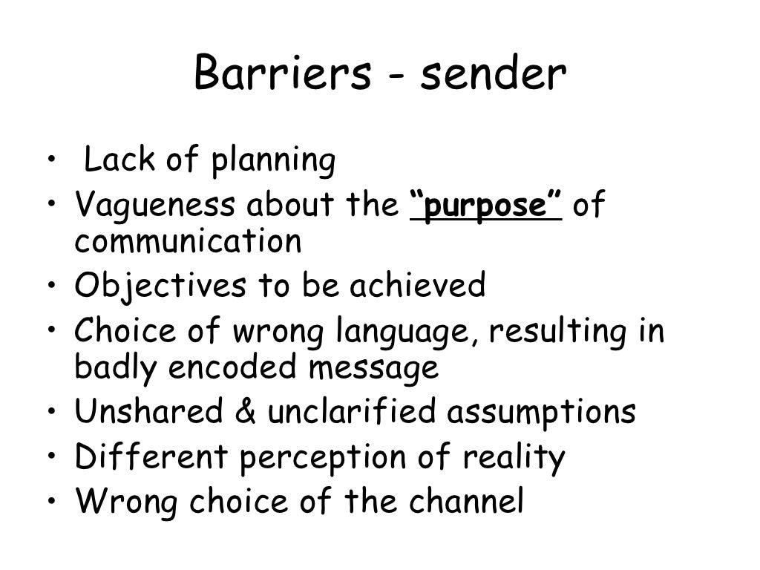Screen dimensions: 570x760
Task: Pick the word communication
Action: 188,241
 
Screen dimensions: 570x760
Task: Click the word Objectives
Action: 149,285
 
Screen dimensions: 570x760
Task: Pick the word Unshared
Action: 148,412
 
